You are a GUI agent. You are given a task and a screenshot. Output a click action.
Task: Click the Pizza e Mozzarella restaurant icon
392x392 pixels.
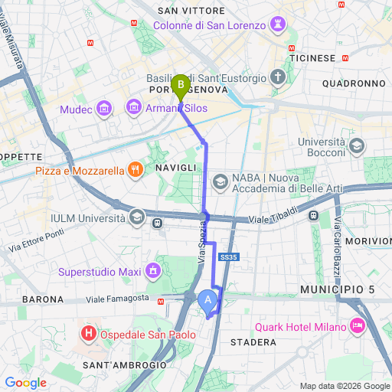(x=135, y=170)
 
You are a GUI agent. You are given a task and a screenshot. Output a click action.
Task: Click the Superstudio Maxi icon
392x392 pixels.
(x=153, y=270)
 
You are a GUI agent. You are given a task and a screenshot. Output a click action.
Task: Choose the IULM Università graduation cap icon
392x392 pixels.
(x=136, y=218)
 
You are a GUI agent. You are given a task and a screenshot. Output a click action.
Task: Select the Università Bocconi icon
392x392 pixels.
(x=356, y=146)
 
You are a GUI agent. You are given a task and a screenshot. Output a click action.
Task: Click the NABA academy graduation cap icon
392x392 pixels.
(x=220, y=181)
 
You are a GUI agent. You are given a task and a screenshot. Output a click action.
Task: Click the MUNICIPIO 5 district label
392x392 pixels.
(x=338, y=290)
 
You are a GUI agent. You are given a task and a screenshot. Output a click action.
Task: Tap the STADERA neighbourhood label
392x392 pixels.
(x=253, y=341)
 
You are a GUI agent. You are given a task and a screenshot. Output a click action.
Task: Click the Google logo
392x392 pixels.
(x=26, y=382)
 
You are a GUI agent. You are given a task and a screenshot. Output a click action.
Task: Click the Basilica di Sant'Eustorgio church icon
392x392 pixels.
(x=278, y=77)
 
